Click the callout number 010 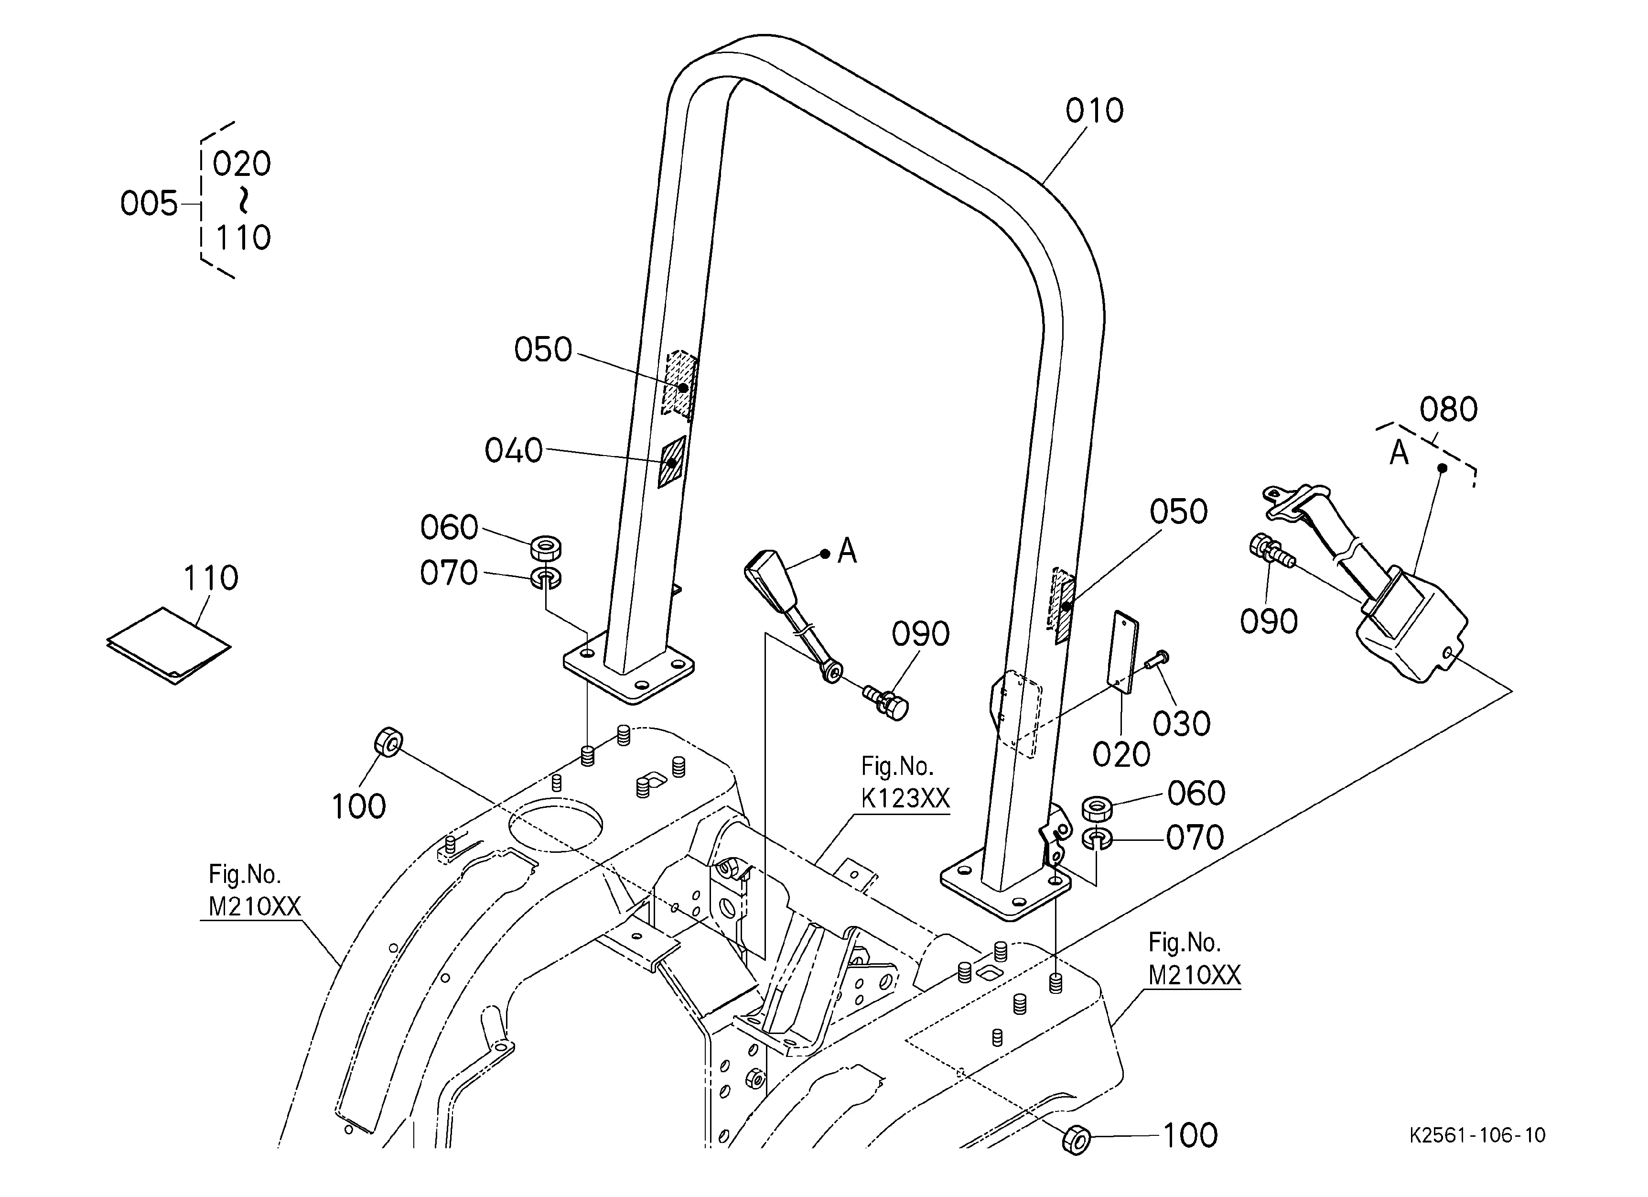coord(1094,111)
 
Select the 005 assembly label coord(149,204)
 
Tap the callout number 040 coord(514,451)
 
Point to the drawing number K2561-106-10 coord(1478,1136)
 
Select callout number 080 coord(1448,410)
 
